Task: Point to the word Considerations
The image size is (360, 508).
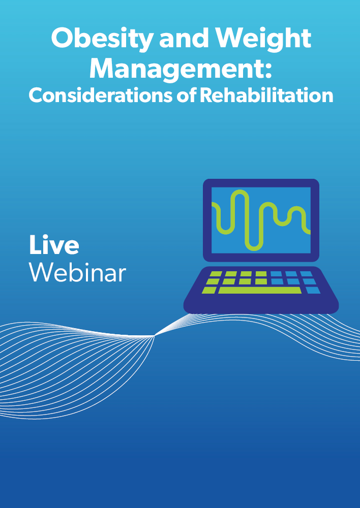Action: (101, 96)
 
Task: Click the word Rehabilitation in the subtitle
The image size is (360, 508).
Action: (266, 96)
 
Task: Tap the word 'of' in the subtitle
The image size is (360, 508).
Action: (186, 96)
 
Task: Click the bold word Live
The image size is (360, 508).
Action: (54, 245)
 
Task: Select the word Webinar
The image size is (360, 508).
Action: (77, 272)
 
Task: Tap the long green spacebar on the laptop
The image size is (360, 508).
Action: (260, 290)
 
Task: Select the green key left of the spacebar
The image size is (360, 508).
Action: (209, 290)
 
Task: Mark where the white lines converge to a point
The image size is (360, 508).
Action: (154, 336)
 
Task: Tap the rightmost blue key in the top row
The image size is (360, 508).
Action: (306, 274)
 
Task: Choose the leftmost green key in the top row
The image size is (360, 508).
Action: (216, 274)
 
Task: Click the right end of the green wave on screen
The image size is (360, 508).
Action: (310, 232)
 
